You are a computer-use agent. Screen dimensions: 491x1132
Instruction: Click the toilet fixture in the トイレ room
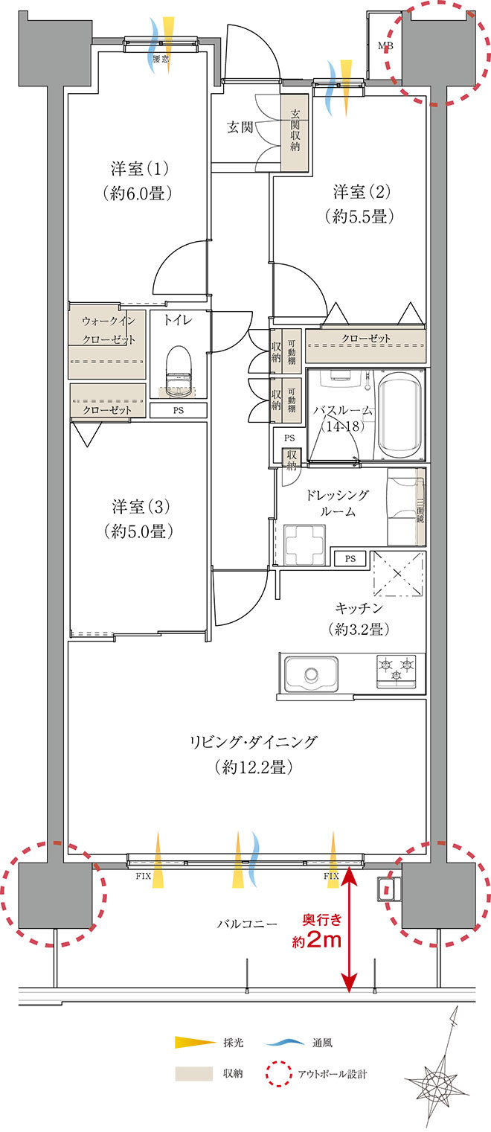tap(179, 370)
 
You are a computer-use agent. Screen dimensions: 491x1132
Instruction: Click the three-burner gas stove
tap(397, 671)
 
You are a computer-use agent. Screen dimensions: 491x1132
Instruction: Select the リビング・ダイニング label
tap(254, 742)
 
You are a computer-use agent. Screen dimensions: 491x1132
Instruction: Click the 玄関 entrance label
tap(240, 127)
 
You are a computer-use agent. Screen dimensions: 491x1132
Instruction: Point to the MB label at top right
tap(385, 46)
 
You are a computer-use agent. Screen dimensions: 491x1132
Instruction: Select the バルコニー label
tap(248, 924)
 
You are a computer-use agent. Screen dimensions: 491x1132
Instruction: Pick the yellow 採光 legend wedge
tap(195, 1042)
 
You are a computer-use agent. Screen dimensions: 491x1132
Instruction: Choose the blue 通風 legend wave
tap(284, 1042)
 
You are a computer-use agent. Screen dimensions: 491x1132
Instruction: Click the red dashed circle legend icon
tap(279, 1073)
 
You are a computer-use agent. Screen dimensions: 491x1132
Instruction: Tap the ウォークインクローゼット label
tap(109, 330)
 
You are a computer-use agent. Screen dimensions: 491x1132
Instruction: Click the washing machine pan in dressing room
tap(304, 545)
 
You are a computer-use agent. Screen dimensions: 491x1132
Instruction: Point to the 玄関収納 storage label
tap(295, 131)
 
